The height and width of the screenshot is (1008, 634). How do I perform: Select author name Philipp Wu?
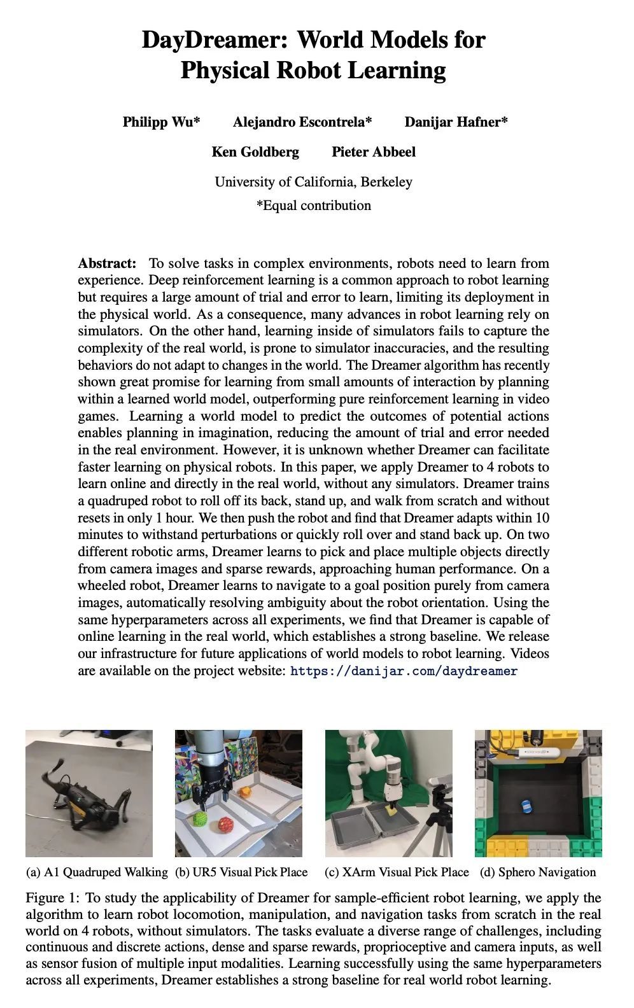161,122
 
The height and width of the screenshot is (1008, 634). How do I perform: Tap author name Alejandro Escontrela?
302,122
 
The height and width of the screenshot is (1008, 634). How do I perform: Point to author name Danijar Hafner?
456,122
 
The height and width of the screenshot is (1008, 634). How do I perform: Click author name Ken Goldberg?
255,151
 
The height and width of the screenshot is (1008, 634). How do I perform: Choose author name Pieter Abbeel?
374,151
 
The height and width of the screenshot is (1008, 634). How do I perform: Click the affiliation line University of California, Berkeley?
313,182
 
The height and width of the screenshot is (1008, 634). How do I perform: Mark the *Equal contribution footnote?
313,206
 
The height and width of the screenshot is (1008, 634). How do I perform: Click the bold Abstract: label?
107,263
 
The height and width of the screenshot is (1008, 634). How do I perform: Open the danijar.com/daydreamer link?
404,671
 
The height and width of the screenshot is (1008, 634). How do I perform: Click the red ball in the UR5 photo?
225,825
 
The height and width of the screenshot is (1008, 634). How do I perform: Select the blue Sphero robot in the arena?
526,806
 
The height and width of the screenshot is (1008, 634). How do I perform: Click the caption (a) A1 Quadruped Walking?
97,872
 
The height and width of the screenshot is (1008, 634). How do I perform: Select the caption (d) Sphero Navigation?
538,872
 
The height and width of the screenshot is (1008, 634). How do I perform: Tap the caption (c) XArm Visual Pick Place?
397,872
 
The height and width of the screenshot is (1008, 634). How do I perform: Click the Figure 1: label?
53,898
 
